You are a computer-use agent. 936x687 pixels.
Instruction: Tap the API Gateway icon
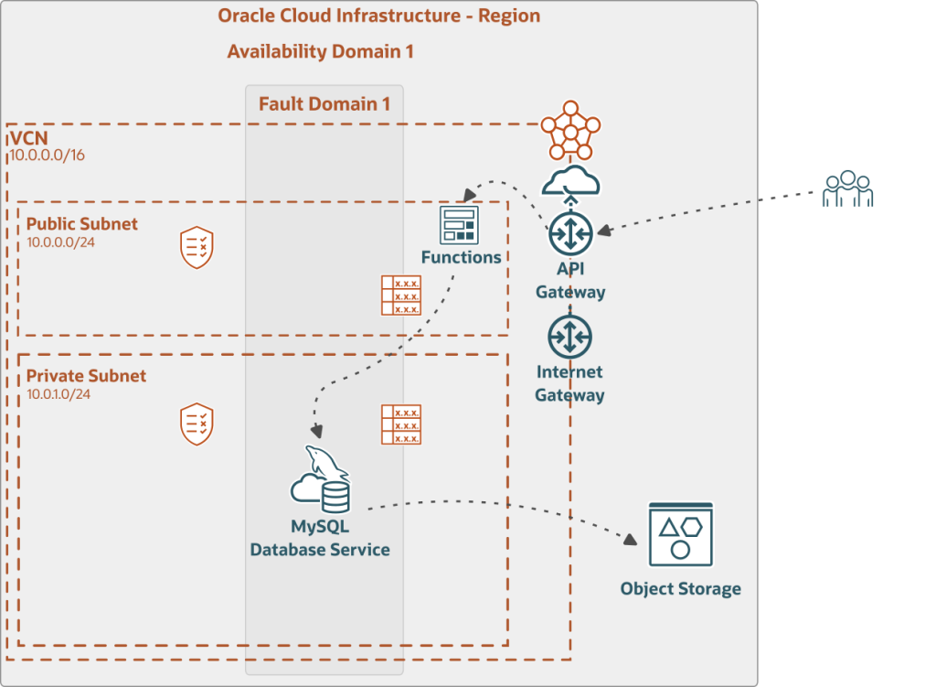point(571,234)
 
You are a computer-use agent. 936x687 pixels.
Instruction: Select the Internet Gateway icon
point(570,338)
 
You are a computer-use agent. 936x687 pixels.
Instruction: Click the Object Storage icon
point(680,534)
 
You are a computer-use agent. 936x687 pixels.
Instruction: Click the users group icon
point(847,188)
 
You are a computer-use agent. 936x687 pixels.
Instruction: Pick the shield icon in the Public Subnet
point(197,247)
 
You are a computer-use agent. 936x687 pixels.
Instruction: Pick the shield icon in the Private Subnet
point(197,424)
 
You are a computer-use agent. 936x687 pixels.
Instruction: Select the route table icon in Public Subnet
point(401,295)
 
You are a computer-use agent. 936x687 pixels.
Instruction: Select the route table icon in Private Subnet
point(401,424)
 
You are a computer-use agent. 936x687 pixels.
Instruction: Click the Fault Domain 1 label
point(324,103)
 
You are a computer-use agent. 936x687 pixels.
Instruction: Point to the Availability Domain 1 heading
point(320,51)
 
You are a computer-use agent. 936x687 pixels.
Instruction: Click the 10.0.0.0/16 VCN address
point(47,156)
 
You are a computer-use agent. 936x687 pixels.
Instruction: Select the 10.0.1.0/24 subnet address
point(58,394)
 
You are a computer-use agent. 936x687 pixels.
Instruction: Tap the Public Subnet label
point(82,224)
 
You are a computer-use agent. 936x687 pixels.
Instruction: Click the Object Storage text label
point(680,588)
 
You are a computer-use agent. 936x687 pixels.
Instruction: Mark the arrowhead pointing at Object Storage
point(630,540)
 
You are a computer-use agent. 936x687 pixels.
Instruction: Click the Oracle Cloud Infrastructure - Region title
point(378,16)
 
